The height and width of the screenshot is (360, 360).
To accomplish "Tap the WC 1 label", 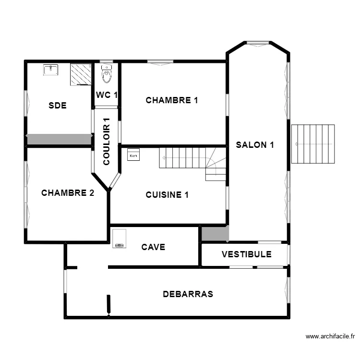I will click(107, 95).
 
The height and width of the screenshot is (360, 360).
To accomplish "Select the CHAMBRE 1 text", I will click(172, 100).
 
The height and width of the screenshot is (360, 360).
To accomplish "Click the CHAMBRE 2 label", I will click(67, 193).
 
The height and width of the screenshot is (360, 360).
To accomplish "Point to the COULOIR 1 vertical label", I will click(107, 142).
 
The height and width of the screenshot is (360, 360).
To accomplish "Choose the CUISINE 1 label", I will click(167, 195).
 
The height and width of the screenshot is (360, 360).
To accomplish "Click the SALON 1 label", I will click(255, 145).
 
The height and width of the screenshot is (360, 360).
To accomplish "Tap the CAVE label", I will click(153, 247).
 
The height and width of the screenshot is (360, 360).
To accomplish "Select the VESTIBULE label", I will click(246, 254).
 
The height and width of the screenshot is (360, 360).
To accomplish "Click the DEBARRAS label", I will click(188, 294).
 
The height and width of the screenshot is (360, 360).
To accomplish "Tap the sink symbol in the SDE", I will click(50, 70).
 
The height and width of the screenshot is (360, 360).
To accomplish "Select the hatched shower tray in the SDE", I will click(81, 74).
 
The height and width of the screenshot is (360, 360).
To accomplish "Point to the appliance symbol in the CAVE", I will click(119, 239).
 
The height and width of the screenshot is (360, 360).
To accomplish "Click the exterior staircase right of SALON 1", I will click(313, 144).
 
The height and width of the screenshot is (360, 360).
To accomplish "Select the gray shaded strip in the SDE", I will click(59, 139).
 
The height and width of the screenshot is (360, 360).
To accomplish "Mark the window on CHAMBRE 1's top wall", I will click(160, 61).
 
